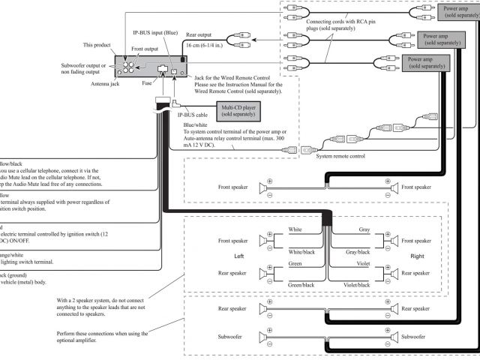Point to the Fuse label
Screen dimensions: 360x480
tap(148, 84)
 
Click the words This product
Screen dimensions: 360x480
tap(97, 45)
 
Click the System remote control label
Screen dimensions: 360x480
tap(340, 156)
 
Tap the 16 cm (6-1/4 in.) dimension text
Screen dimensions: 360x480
tap(211, 46)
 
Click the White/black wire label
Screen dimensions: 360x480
tap(301, 253)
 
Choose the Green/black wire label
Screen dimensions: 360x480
tap(301, 285)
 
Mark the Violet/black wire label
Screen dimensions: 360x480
tap(356, 285)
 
